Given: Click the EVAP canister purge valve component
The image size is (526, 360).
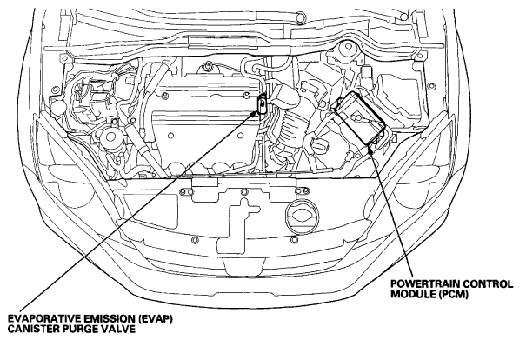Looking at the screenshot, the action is click(262, 103).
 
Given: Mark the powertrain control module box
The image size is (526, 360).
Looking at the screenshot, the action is click(360, 117).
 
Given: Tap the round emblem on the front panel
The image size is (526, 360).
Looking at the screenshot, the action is click(302, 217).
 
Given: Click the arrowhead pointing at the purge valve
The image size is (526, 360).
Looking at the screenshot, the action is click(254, 114).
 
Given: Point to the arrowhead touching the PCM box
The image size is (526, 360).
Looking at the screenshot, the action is click(370, 146).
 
